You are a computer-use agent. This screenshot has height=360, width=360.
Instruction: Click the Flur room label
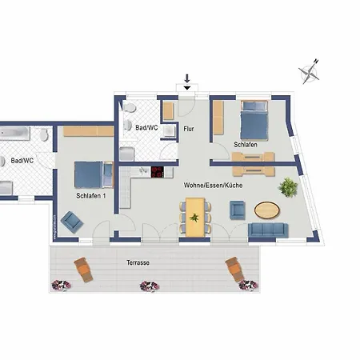189,129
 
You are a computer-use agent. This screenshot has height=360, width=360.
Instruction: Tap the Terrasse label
138,262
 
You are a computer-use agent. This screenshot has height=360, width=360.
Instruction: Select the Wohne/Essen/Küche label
213,185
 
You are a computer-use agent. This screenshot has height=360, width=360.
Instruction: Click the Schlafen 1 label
91,196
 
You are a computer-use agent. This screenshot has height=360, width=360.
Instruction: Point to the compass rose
310,71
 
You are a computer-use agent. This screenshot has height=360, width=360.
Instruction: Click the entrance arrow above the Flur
187,82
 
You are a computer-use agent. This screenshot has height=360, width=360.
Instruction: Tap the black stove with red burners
158,172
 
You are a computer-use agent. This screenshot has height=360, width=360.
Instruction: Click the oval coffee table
267,210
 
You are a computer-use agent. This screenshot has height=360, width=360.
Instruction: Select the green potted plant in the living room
288,187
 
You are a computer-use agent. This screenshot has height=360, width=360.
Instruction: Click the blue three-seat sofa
268,230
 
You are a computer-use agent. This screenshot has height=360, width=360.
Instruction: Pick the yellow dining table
195,217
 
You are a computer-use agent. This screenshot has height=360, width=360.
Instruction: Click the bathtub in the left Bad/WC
14,134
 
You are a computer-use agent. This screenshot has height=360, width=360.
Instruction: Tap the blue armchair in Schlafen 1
72,222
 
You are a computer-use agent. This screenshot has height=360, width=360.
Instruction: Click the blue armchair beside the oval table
238,210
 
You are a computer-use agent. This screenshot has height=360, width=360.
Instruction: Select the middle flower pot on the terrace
150,286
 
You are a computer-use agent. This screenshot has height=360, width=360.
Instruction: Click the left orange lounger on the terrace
83,270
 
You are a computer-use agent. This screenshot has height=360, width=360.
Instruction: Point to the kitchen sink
143,170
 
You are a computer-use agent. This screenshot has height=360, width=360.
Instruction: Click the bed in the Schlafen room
254,120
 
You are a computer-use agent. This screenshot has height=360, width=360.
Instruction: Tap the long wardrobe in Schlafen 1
89,131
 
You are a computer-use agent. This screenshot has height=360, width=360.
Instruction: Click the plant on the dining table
194,218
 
